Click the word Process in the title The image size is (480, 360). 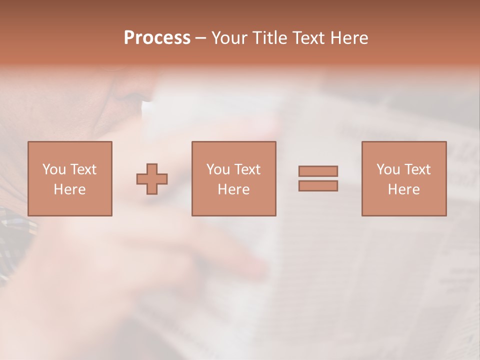[x=157, y=38]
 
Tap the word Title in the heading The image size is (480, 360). [x=270, y=38]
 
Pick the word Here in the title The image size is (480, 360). [x=349, y=38]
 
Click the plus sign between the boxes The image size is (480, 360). [x=152, y=179]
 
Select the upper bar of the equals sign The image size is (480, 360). [x=318, y=171]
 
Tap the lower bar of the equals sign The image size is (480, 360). [x=318, y=185]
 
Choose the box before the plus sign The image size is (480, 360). [x=70, y=178]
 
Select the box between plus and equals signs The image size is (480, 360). [x=234, y=178]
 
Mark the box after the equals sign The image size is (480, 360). [x=404, y=178]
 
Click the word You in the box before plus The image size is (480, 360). [x=54, y=169]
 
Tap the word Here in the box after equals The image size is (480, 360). [x=404, y=189]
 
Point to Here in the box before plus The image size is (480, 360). [x=70, y=189]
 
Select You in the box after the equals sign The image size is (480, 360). [x=388, y=169]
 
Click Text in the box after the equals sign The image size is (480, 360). [x=417, y=169]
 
